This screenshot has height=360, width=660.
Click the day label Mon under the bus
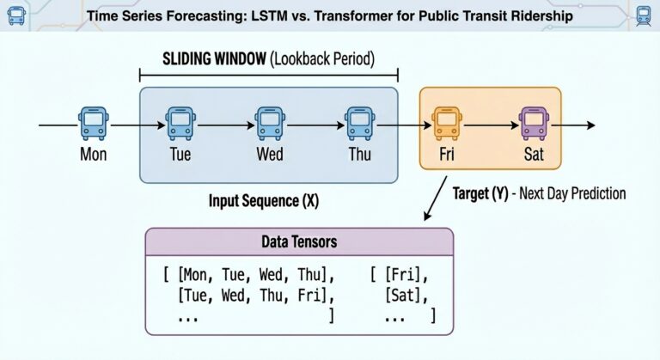(x=93, y=156)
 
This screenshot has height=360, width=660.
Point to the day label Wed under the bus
(x=269, y=156)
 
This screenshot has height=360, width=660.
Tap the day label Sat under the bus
(x=534, y=156)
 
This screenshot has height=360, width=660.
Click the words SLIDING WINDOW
(x=211, y=62)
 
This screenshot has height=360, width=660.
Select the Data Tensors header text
(x=298, y=243)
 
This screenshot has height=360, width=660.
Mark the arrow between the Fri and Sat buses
(x=489, y=125)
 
